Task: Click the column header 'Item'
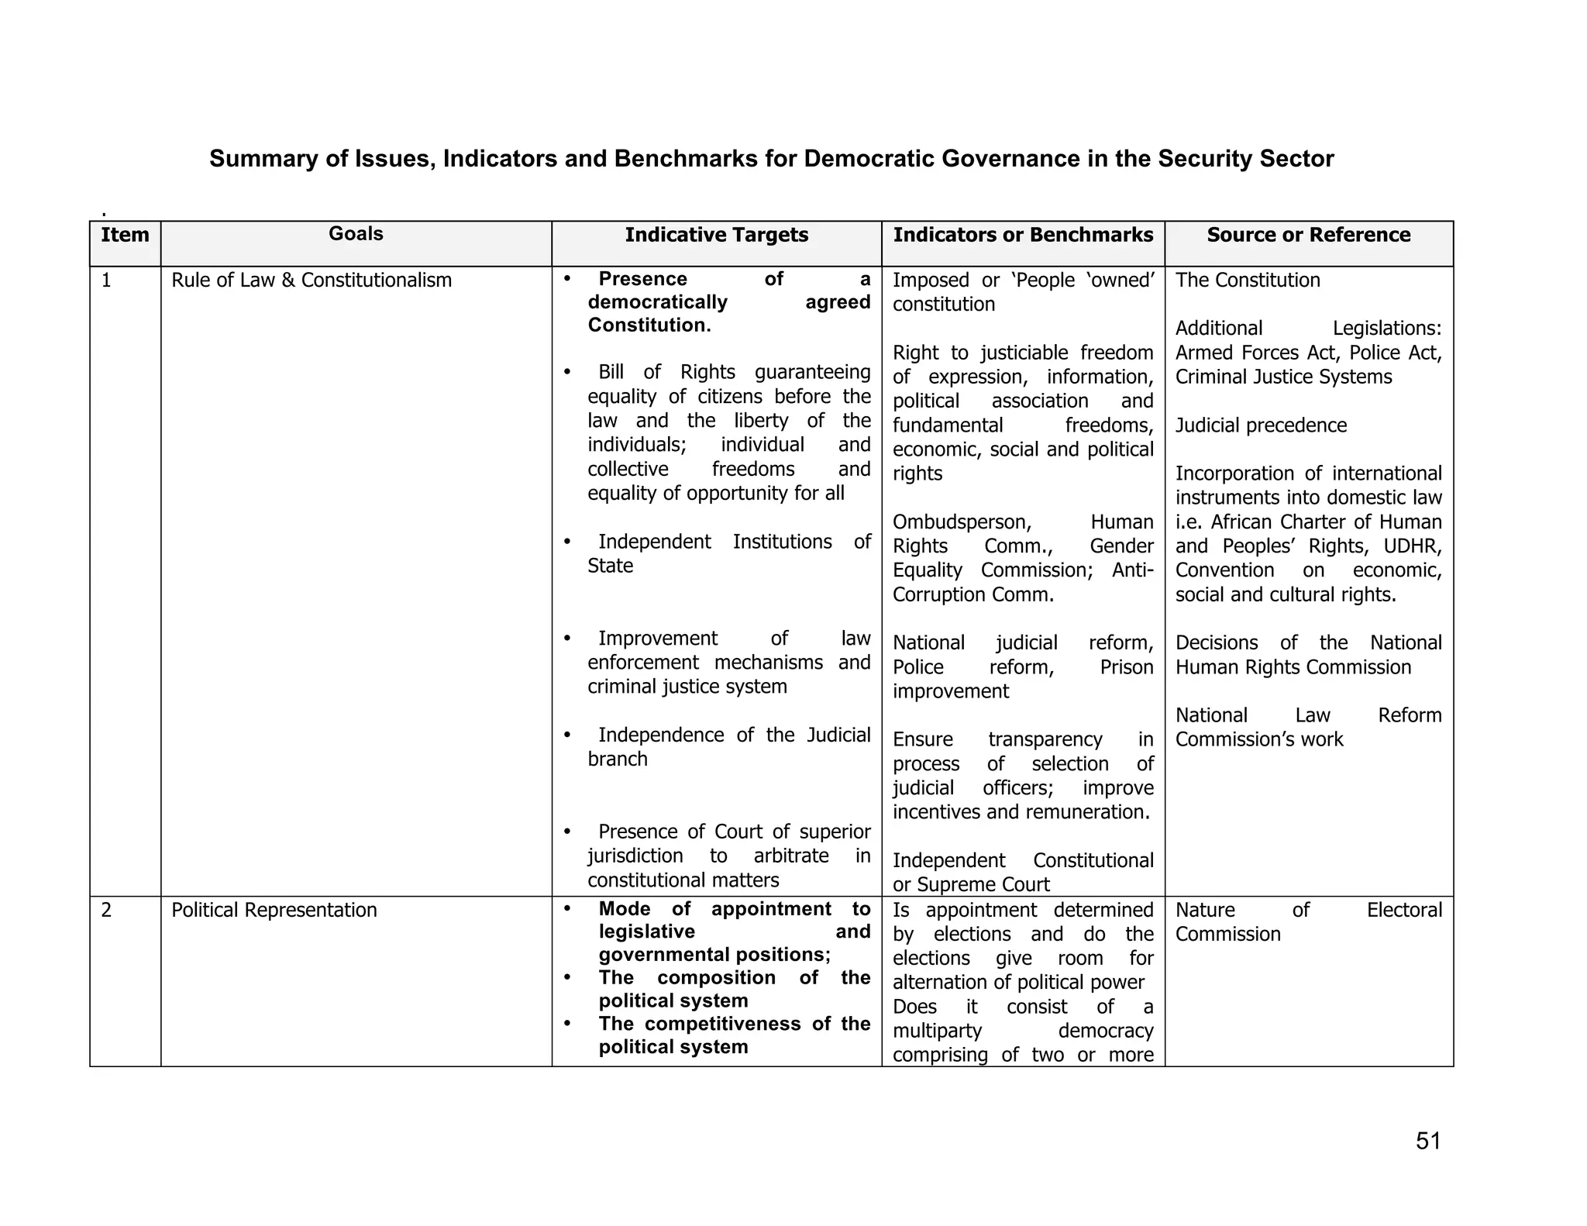coord(125,235)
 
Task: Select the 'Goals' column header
coord(356,234)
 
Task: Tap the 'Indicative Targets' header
coord(716,235)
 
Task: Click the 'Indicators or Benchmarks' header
coord(1023,235)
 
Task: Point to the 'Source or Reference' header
coord(1308,235)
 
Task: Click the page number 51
coord(1427,1142)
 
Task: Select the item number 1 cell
coord(107,281)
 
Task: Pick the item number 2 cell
coord(107,910)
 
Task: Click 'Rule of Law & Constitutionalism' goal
coord(312,281)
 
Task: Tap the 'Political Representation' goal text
coord(274,910)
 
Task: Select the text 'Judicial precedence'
coord(1261,425)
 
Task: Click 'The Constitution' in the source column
coord(1248,281)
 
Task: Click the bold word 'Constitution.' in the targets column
coord(649,325)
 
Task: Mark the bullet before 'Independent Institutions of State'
coord(567,542)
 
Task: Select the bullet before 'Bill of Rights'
coord(567,373)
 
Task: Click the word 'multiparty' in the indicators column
coord(937,1031)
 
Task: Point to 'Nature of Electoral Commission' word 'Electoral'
coord(1404,910)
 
